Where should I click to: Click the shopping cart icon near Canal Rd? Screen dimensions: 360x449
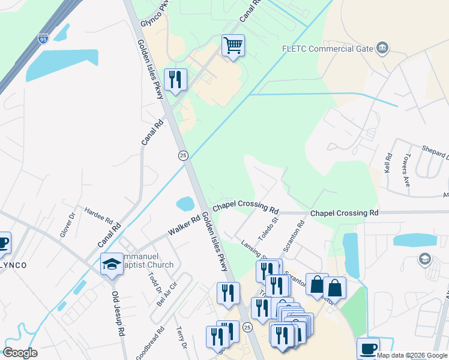(x=233, y=45)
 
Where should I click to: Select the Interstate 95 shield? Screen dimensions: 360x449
(x=43, y=39)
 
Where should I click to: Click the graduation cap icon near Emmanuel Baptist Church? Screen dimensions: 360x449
(x=112, y=265)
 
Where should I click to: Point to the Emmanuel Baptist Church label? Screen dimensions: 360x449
(x=148, y=260)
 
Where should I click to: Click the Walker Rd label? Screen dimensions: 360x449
(x=184, y=226)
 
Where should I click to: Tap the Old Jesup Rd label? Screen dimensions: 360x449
(x=118, y=313)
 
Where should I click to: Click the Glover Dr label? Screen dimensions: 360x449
(x=67, y=225)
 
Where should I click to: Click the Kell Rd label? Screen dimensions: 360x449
(x=388, y=164)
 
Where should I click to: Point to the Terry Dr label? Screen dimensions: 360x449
(x=181, y=338)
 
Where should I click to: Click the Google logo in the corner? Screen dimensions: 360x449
(x=20, y=353)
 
